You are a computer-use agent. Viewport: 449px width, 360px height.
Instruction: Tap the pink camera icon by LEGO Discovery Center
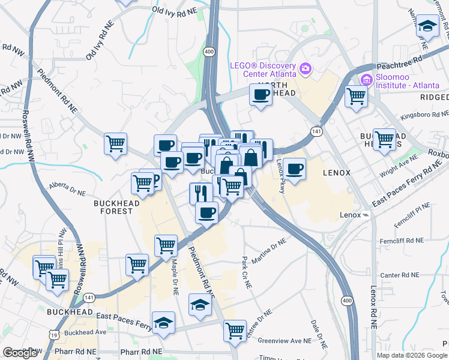[306, 69]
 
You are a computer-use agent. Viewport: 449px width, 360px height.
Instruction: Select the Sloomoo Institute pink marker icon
[366, 79]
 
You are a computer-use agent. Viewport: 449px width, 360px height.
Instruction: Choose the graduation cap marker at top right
[427, 26]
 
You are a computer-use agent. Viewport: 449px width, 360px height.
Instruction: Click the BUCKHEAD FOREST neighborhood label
[113, 207]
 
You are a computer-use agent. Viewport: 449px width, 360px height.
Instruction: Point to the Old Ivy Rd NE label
[175, 11]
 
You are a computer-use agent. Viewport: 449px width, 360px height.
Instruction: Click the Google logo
[20, 353]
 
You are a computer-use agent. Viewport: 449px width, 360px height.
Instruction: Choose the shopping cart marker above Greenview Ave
[234, 329]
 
